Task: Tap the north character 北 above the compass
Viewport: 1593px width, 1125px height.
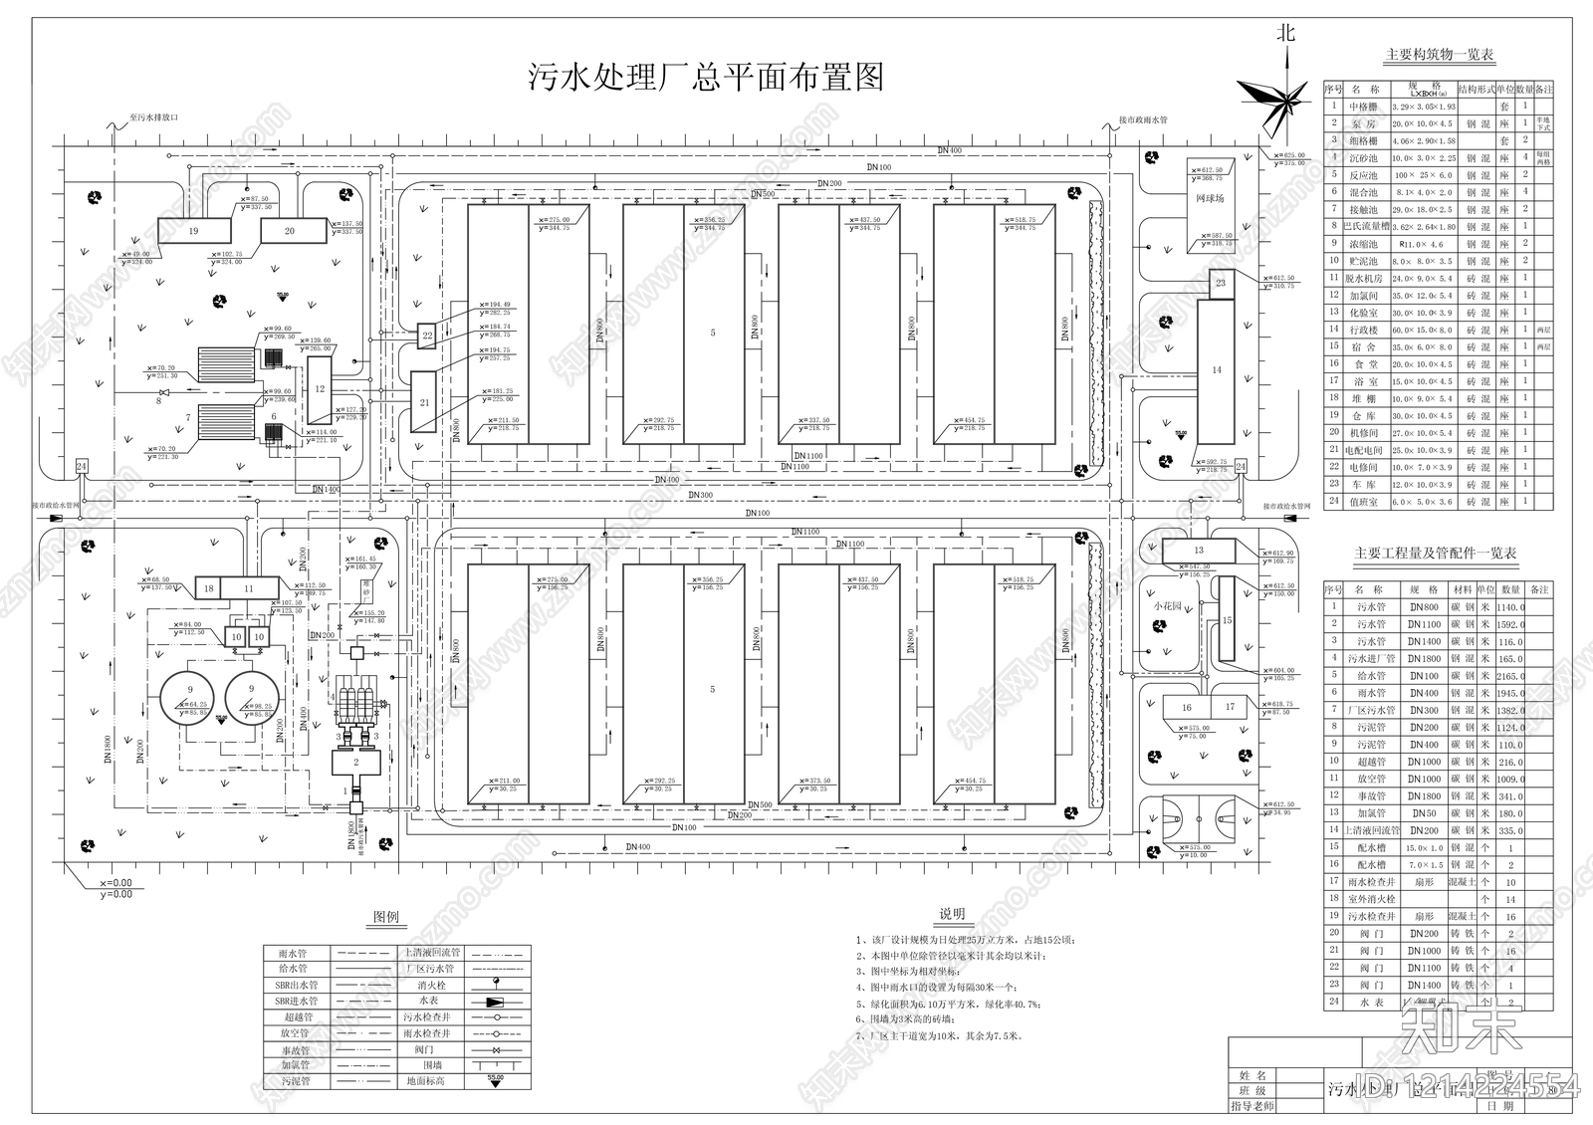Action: [x=1286, y=34]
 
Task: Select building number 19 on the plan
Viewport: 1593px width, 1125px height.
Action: [x=194, y=231]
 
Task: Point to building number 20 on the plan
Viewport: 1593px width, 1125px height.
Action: [x=290, y=231]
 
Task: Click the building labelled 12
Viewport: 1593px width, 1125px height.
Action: [x=320, y=388]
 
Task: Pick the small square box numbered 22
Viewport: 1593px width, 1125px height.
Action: [x=427, y=336]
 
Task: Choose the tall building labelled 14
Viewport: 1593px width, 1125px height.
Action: [x=1216, y=370]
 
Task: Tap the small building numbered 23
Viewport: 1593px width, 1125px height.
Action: [x=1221, y=283]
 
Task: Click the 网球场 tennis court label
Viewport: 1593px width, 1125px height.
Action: [x=1210, y=199]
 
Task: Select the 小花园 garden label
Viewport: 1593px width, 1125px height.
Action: [x=1167, y=605]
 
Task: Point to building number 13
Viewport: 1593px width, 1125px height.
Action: [x=1199, y=550]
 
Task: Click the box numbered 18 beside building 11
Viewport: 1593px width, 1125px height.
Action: [x=208, y=588]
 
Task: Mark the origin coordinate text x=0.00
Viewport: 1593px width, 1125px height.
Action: [x=115, y=882]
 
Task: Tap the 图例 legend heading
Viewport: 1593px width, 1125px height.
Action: [x=386, y=917]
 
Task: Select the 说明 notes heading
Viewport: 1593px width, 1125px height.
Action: [x=952, y=914]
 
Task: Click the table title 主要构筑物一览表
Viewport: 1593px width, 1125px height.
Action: [x=1440, y=56]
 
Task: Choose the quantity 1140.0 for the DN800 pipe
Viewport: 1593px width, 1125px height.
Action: [x=1509, y=607]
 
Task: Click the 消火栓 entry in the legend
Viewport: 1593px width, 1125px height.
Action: [x=430, y=985]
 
